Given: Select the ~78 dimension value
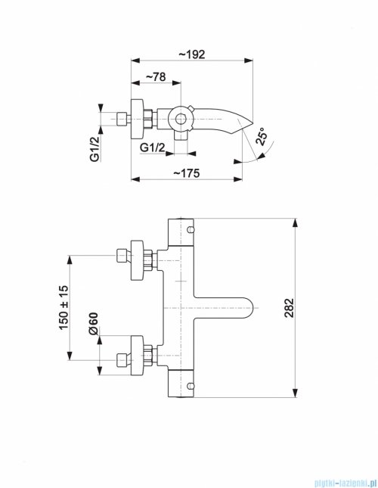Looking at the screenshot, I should (156, 77).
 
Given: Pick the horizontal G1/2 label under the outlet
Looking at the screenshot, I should (153, 148).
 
